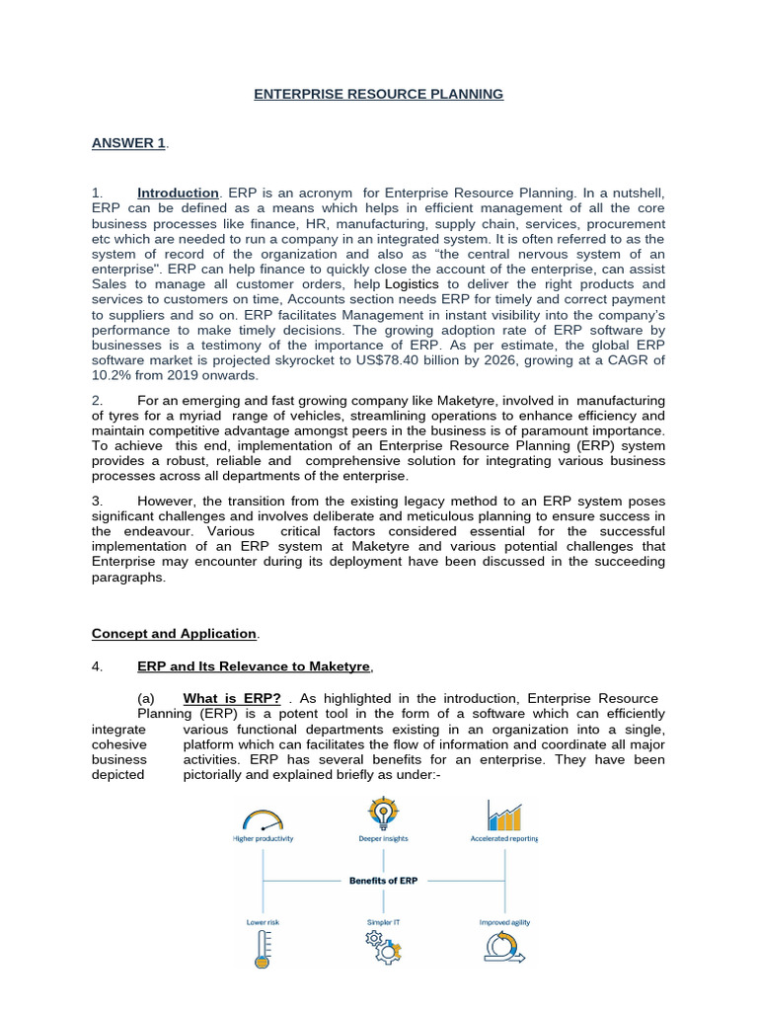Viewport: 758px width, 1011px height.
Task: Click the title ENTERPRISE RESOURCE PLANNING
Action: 379,94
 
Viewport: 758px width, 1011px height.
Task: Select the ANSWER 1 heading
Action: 128,143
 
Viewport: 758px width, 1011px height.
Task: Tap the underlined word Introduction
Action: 178,193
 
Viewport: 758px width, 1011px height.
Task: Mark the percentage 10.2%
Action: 113,375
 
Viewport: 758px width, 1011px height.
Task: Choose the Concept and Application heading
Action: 174,633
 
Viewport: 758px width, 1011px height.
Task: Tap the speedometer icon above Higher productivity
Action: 263,818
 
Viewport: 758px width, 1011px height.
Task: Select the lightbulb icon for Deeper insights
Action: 383,815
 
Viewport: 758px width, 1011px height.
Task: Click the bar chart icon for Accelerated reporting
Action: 504,816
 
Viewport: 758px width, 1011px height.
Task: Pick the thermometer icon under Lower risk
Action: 263,949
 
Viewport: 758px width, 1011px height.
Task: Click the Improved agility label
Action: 504,922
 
